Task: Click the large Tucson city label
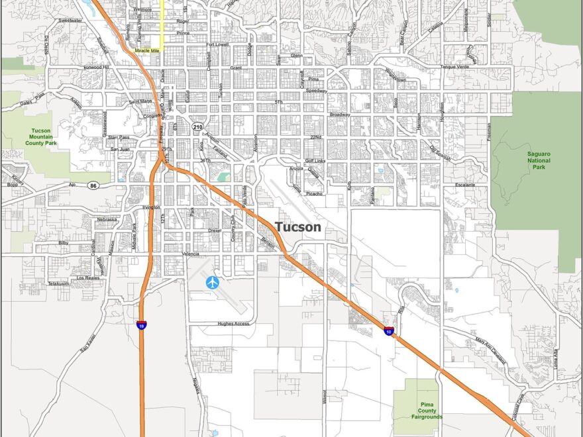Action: (x=297, y=227)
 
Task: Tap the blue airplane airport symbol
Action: (x=213, y=282)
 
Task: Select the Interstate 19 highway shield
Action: (x=142, y=324)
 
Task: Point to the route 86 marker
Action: (x=94, y=187)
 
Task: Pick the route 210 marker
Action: (x=198, y=126)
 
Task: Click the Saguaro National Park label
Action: (x=539, y=160)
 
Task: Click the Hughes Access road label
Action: (x=233, y=324)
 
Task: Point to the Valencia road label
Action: (x=190, y=254)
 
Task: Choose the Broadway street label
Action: (x=340, y=115)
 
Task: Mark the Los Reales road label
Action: (x=87, y=278)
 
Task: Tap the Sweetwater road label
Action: (x=70, y=21)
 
